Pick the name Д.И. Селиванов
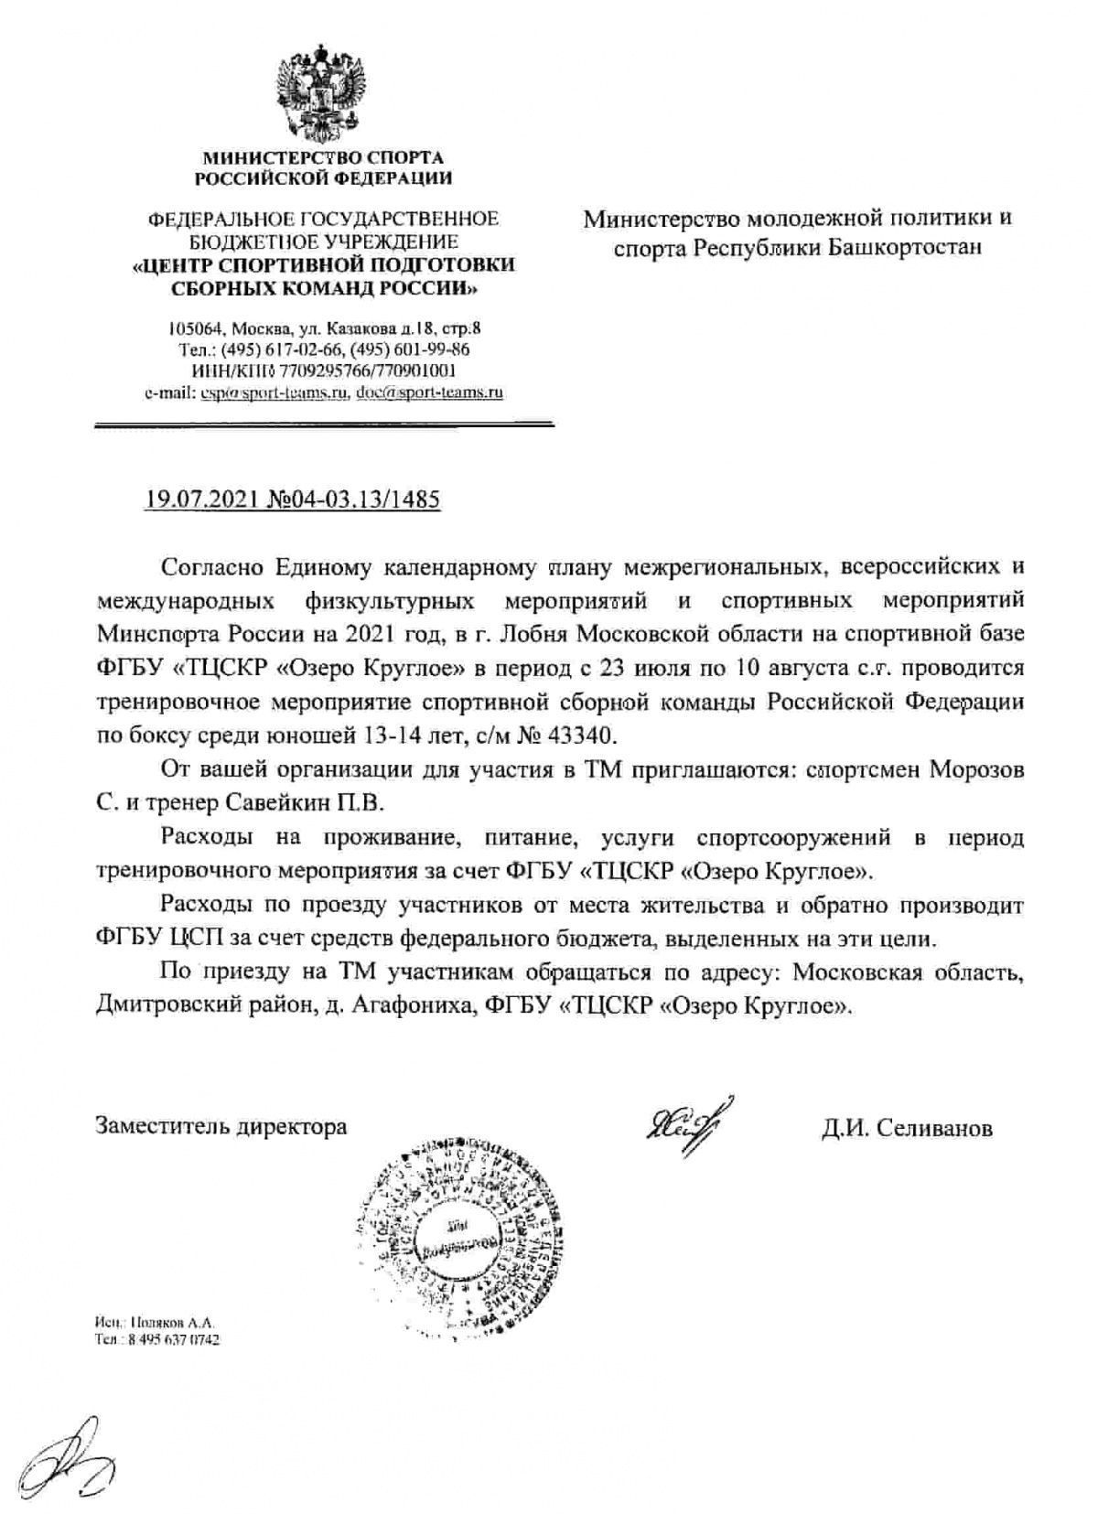tap(906, 1128)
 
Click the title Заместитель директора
tap(221, 1125)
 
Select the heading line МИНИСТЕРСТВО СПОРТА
tap(323, 158)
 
